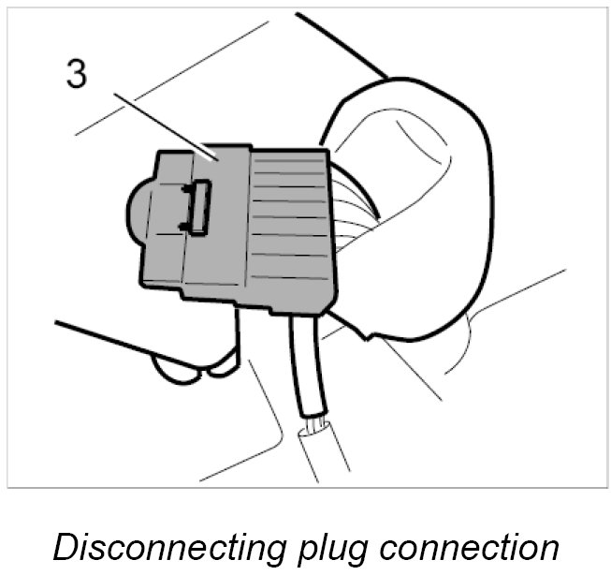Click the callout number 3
[77, 74]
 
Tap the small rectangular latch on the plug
[199, 205]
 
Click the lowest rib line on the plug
[290, 280]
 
